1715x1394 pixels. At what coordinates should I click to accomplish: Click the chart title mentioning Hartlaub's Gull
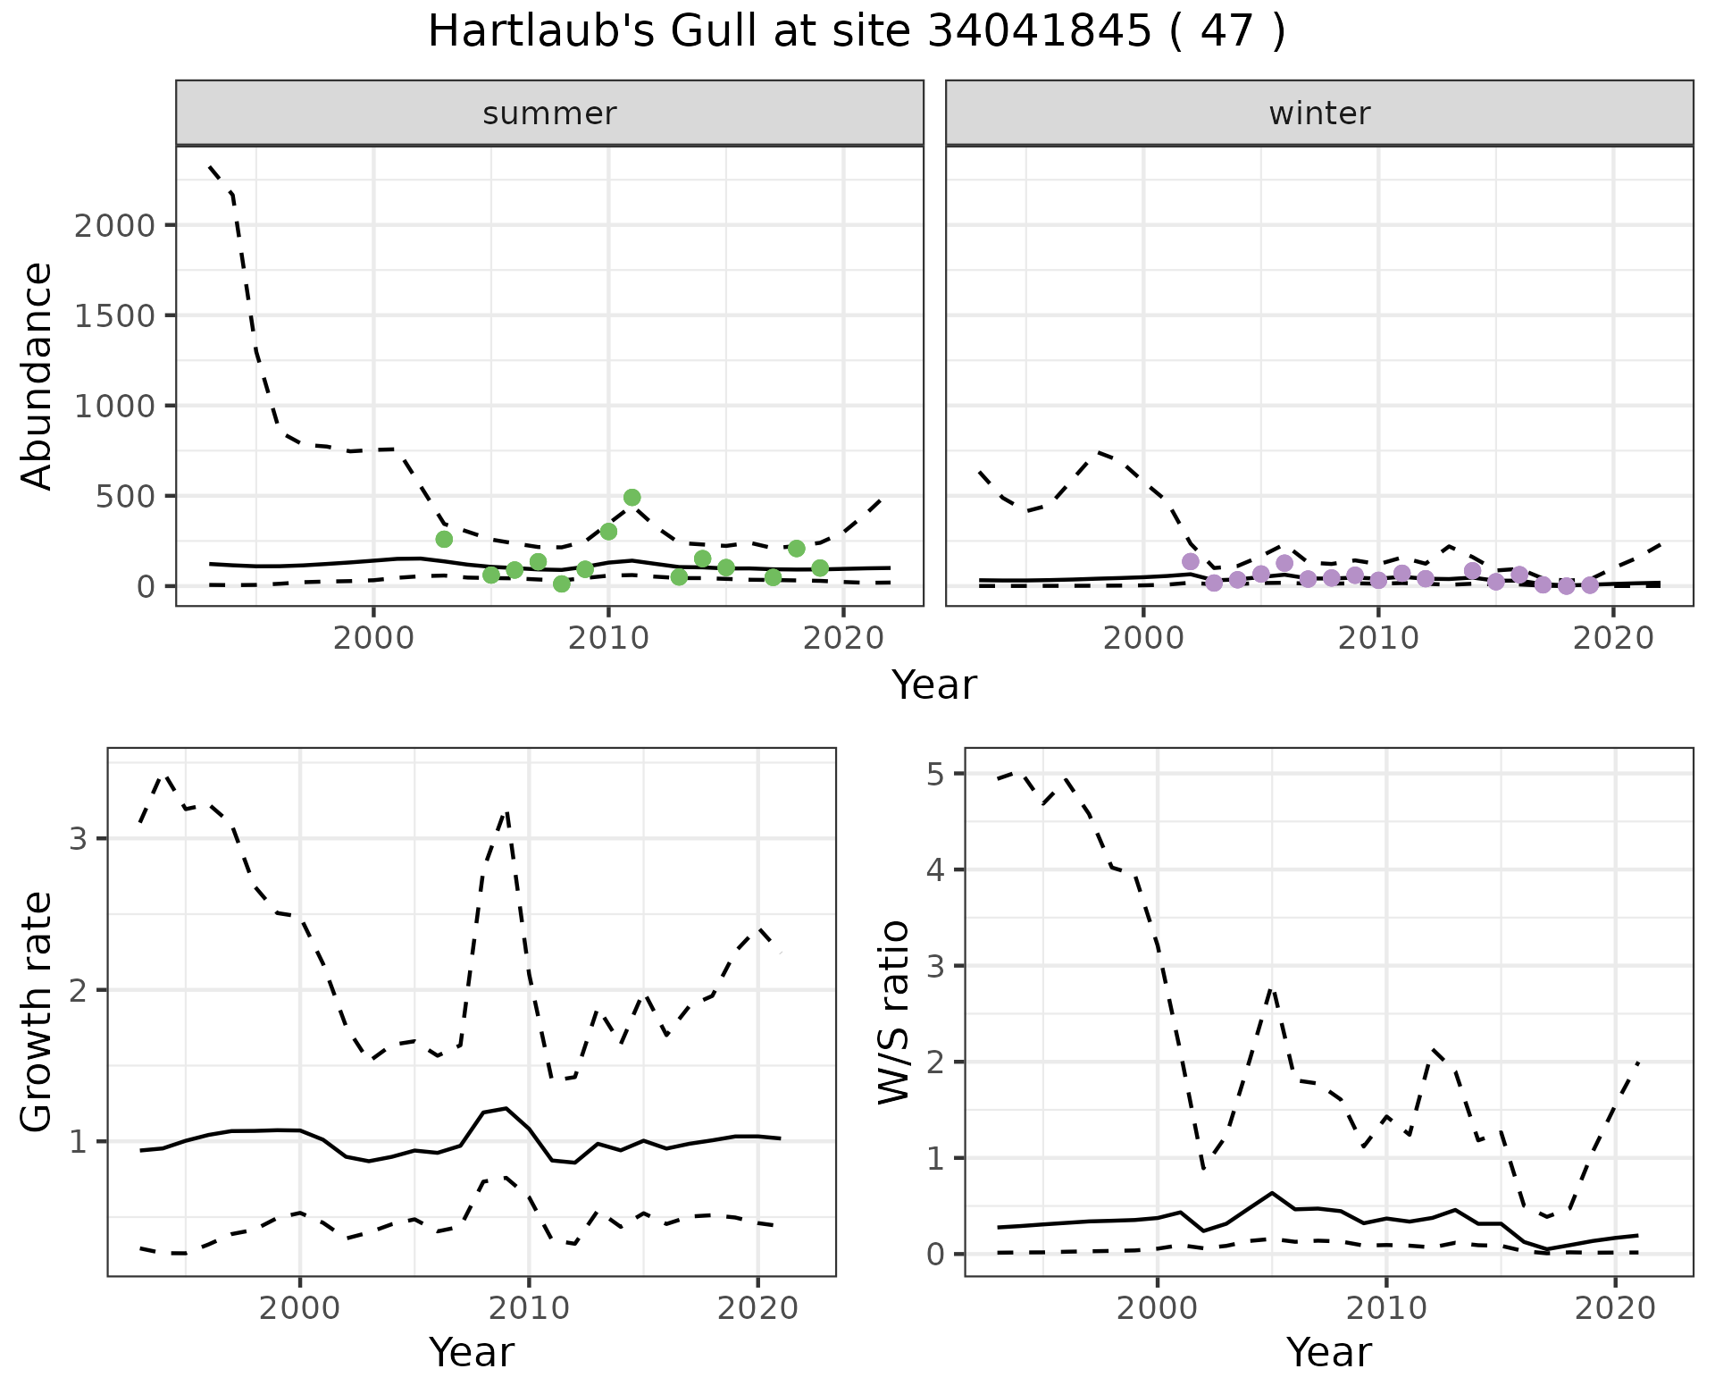pos(857,32)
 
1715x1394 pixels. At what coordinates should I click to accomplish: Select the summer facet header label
pos(549,113)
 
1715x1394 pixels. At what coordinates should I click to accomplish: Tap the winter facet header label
pos(1319,113)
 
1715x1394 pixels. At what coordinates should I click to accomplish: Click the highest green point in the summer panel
pos(632,498)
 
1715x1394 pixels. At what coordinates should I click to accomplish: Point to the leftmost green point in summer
pos(444,539)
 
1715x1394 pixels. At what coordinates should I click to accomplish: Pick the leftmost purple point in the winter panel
pos(1190,562)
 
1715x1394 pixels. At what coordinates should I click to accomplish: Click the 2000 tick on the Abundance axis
pos(115,225)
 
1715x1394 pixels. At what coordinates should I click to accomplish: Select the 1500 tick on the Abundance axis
pos(115,315)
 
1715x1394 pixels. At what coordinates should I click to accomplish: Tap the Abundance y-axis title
pos(38,376)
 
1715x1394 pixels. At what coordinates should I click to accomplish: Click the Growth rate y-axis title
pos(38,1012)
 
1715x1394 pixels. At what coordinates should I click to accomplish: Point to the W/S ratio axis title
pos(893,1012)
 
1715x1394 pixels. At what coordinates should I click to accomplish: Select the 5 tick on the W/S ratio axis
pos(934,774)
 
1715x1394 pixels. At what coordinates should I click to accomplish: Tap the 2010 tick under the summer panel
pos(608,639)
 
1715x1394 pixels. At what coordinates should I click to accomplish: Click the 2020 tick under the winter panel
pos(1613,639)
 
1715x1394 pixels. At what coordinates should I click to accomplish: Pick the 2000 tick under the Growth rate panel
pos(300,1309)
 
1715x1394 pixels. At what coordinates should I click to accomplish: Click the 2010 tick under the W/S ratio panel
pos(1385,1309)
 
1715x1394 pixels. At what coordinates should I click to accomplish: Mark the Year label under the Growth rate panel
pos(472,1352)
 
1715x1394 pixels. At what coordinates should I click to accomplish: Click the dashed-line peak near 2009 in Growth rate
pos(507,811)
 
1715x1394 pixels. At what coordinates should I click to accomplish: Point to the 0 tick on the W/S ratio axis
pos(934,1255)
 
